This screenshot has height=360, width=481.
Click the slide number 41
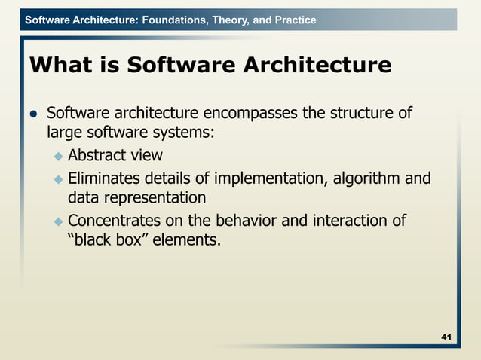pos(446,336)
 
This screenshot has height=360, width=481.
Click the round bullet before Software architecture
pos(33,114)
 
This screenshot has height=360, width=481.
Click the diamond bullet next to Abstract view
pos(58,157)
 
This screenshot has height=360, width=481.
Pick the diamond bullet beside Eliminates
pos(58,179)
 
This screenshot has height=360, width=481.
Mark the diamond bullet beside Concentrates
pos(58,221)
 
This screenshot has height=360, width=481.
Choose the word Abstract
pos(95,156)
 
